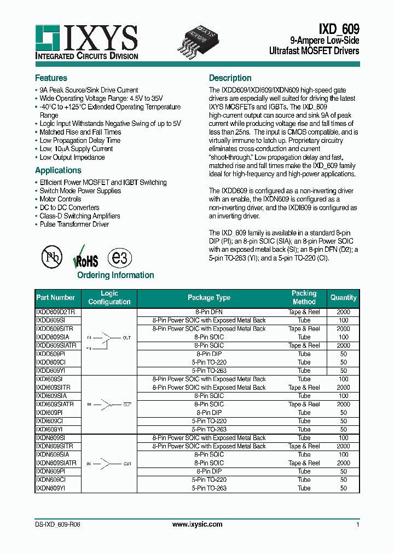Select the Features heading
[x=51, y=78]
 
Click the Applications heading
[x=58, y=170]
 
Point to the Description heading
[x=230, y=78]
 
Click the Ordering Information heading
[x=115, y=275]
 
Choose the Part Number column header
[x=55, y=298]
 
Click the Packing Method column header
[x=304, y=298]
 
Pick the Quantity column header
[x=343, y=298]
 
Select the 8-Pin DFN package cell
[x=209, y=311]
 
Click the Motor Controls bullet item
[x=60, y=199]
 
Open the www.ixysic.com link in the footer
[x=197, y=524]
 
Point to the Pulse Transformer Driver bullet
[x=74, y=224]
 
